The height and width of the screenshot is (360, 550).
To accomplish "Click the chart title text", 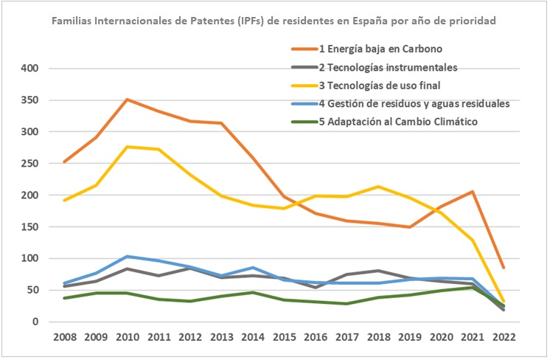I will pyautogui.click(x=274, y=21).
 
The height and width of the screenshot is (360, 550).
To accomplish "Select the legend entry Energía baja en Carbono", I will pyautogui.click(x=380, y=49).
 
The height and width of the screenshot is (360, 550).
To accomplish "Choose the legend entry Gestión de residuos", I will pyautogui.click(x=414, y=103).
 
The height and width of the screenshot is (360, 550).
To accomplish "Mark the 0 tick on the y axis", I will pyautogui.click(x=34, y=322).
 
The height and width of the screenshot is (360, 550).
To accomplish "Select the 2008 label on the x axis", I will pyautogui.click(x=64, y=338).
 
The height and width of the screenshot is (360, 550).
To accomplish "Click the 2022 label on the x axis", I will pyautogui.click(x=504, y=338).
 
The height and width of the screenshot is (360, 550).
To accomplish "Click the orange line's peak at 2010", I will pyautogui.click(x=128, y=100).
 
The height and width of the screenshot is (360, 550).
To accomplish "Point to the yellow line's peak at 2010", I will pyautogui.click(x=128, y=147).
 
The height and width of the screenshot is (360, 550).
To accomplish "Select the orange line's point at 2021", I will pyautogui.click(x=473, y=192).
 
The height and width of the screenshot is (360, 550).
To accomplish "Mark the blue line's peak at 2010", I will pyautogui.click(x=128, y=257).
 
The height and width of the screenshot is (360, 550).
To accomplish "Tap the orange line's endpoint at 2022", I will pyautogui.click(x=504, y=268).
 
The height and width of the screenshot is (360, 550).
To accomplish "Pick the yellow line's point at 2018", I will pyautogui.click(x=378, y=187).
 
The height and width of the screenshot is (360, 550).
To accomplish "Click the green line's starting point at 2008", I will pyautogui.click(x=64, y=298).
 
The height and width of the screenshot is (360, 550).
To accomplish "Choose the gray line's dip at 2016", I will pyautogui.click(x=315, y=287).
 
